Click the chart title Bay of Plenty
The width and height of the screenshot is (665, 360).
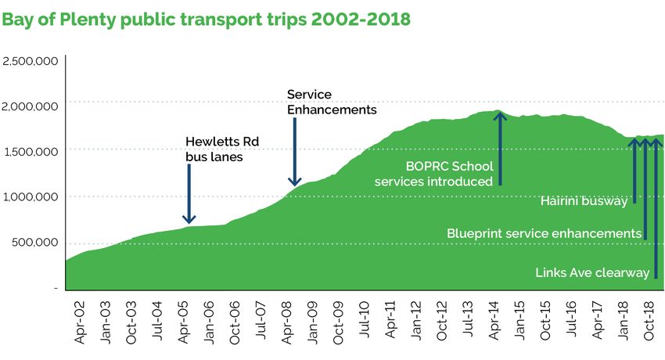[206, 19]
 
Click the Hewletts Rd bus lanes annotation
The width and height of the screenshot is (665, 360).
[222, 148]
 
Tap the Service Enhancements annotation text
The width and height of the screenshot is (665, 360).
[332, 103]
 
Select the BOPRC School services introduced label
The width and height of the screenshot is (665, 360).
[433, 174]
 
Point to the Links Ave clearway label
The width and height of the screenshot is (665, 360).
[593, 273]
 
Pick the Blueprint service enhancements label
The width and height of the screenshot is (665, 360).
[544, 233]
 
